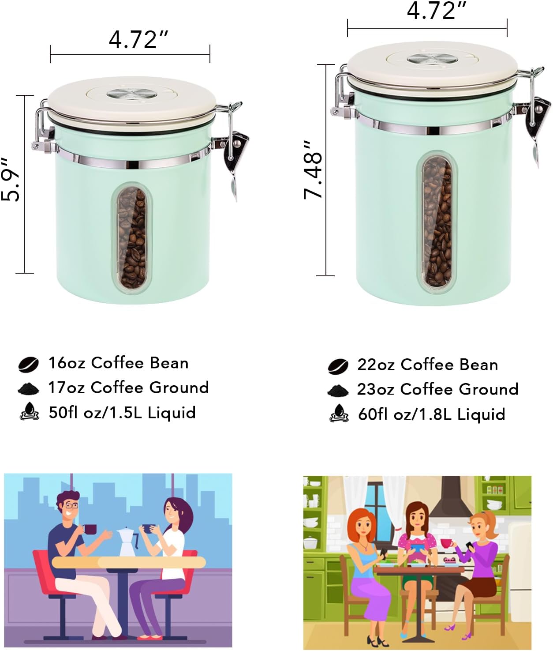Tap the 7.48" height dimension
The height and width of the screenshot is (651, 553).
(314, 170)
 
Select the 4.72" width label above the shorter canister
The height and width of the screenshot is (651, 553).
(138, 40)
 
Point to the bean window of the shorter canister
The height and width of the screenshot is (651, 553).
(131, 237)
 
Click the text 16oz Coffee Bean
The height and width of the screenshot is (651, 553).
(118, 363)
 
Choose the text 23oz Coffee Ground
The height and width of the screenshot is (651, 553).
(437, 389)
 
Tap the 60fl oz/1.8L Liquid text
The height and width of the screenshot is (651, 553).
(431, 414)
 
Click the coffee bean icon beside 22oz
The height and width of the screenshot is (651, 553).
(338, 366)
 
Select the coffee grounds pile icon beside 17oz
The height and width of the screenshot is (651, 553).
(30, 388)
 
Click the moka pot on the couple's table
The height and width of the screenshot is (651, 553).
(127, 541)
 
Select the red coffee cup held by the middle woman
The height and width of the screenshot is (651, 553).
(446, 543)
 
